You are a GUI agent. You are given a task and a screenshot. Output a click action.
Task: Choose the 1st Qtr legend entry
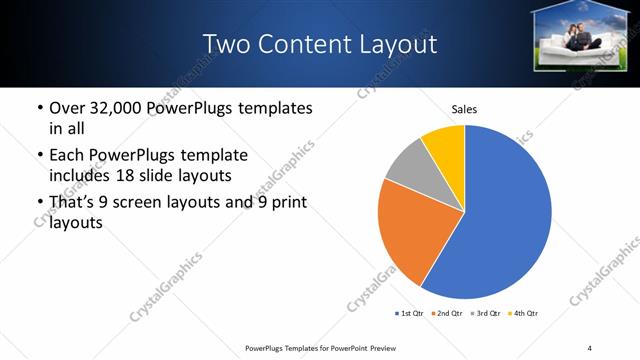[x=411, y=313]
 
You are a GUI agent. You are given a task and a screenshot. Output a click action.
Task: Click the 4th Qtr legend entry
[x=526, y=313]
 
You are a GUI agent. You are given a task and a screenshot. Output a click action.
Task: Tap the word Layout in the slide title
[x=401, y=44]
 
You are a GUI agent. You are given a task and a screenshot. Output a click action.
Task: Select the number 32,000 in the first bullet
[x=118, y=108]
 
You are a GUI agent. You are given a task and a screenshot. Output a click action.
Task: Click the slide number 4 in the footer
[x=590, y=347]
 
